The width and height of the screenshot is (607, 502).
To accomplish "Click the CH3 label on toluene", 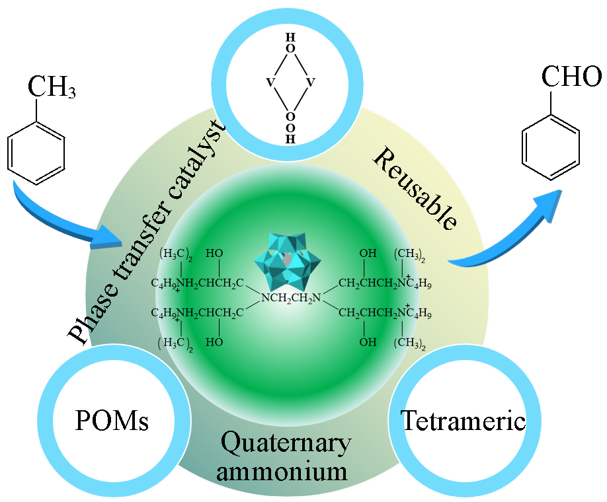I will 51,87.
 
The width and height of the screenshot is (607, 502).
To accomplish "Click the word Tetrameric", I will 463,421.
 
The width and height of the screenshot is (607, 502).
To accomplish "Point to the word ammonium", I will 286,472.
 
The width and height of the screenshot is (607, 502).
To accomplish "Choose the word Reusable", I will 415,189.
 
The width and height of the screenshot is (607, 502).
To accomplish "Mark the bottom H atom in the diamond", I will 290,139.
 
